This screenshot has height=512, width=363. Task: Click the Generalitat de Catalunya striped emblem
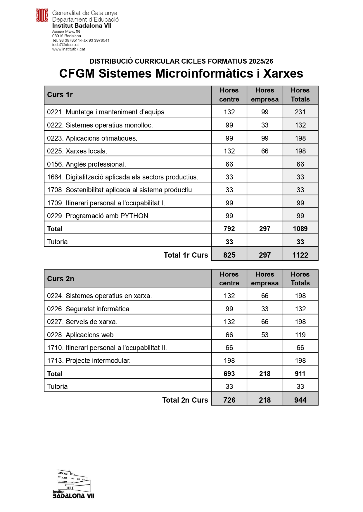(x=42, y=15)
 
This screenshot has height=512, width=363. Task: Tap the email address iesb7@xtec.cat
(x=65, y=45)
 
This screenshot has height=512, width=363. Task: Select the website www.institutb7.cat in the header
(x=69, y=49)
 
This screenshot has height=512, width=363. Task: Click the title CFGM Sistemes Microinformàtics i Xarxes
(x=181, y=74)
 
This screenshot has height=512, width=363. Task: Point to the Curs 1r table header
(x=60, y=95)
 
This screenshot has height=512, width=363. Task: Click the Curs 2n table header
(x=61, y=279)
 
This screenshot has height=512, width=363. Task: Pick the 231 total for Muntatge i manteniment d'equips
(x=300, y=112)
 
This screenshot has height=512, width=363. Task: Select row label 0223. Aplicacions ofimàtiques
(x=92, y=138)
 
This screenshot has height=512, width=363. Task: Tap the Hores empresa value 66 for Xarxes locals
(x=265, y=151)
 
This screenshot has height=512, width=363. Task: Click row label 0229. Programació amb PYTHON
(x=98, y=216)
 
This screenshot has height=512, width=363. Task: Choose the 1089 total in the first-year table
(x=300, y=229)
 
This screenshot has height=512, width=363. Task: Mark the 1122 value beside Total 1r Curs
(x=300, y=255)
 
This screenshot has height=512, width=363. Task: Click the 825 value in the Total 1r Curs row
(x=229, y=255)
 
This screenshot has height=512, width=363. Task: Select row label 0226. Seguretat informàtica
(x=89, y=309)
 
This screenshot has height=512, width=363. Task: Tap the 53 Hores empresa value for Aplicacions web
(x=265, y=335)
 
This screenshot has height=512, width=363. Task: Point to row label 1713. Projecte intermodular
(x=89, y=361)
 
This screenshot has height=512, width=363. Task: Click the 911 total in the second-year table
(x=300, y=374)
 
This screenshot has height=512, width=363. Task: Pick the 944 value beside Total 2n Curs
(x=300, y=400)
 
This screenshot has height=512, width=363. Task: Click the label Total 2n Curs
(x=185, y=400)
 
